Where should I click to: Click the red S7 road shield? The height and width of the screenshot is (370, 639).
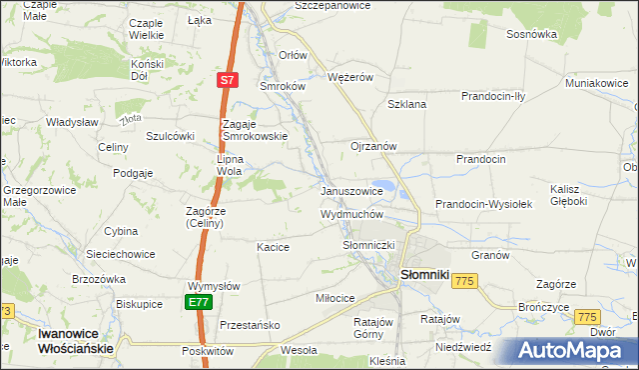(228, 79)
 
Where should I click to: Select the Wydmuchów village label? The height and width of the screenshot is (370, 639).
(351, 214)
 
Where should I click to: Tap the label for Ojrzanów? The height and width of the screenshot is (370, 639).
(373, 146)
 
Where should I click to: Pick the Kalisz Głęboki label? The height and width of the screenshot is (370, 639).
(568, 194)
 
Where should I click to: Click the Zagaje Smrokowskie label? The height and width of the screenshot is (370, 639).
(254, 129)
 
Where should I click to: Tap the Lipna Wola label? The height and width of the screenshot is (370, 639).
(238, 164)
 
